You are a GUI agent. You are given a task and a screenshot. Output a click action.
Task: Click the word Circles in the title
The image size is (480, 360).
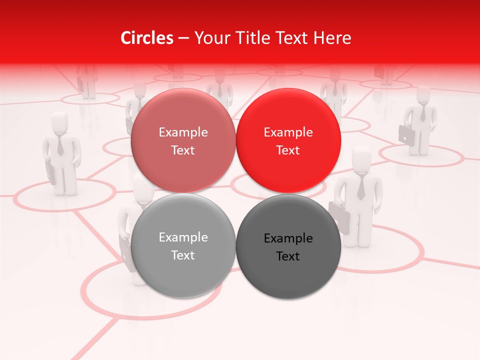click(x=146, y=38)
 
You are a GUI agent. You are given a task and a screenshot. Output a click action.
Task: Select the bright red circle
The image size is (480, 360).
click(x=288, y=140)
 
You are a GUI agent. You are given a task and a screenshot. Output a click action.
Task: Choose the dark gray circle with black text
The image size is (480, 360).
click(x=288, y=246)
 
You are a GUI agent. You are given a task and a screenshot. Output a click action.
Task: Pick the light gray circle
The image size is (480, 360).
click(x=183, y=245)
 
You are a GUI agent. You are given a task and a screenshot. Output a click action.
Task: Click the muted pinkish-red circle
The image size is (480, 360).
click(x=183, y=140)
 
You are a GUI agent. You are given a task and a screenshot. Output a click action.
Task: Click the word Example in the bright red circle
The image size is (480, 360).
click(x=288, y=132)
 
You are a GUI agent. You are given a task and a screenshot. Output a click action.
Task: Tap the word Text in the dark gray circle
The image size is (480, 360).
click(x=288, y=256)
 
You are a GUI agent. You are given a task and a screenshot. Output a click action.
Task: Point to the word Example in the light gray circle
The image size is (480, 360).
click(x=183, y=237)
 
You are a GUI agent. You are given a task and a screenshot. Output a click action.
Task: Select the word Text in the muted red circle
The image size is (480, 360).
click(x=183, y=150)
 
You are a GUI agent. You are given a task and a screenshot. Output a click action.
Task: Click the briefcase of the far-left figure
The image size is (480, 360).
click(x=50, y=173)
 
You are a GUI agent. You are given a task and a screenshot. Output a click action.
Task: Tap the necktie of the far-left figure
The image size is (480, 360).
click(x=60, y=145)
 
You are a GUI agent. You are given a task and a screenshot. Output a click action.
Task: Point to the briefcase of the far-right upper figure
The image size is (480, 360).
click(x=405, y=134)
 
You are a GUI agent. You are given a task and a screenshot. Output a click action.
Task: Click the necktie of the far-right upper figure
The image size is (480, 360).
click(x=423, y=113)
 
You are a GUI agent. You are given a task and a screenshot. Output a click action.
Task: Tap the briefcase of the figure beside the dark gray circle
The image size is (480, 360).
click(x=339, y=218)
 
